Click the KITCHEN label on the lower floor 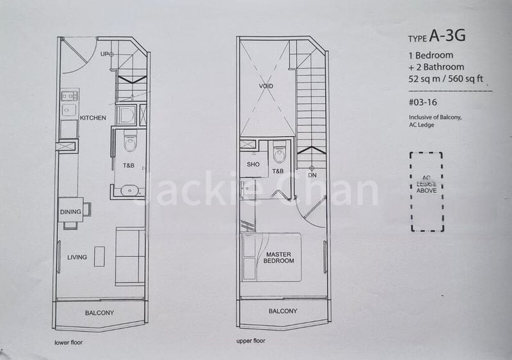pyautogui.click(x=93, y=118)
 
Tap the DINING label pyautogui.click(x=70, y=212)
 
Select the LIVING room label pyautogui.click(x=77, y=258)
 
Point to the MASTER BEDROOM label pyautogui.click(x=279, y=258)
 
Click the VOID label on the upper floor pyautogui.click(x=266, y=85)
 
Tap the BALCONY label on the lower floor pyautogui.click(x=99, y=313)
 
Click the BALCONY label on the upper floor pyautogui.click(x=282, y=311)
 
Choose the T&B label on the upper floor pyautogui.click(x=278, y=171)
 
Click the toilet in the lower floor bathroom pyautogui.click(x=130, y=142)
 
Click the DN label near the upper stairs pyautogui.click(x=312, y=175)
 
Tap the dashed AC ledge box pyautogui.click(x=426, y=192)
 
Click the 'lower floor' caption pyautogui.click(x=68, y=342)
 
